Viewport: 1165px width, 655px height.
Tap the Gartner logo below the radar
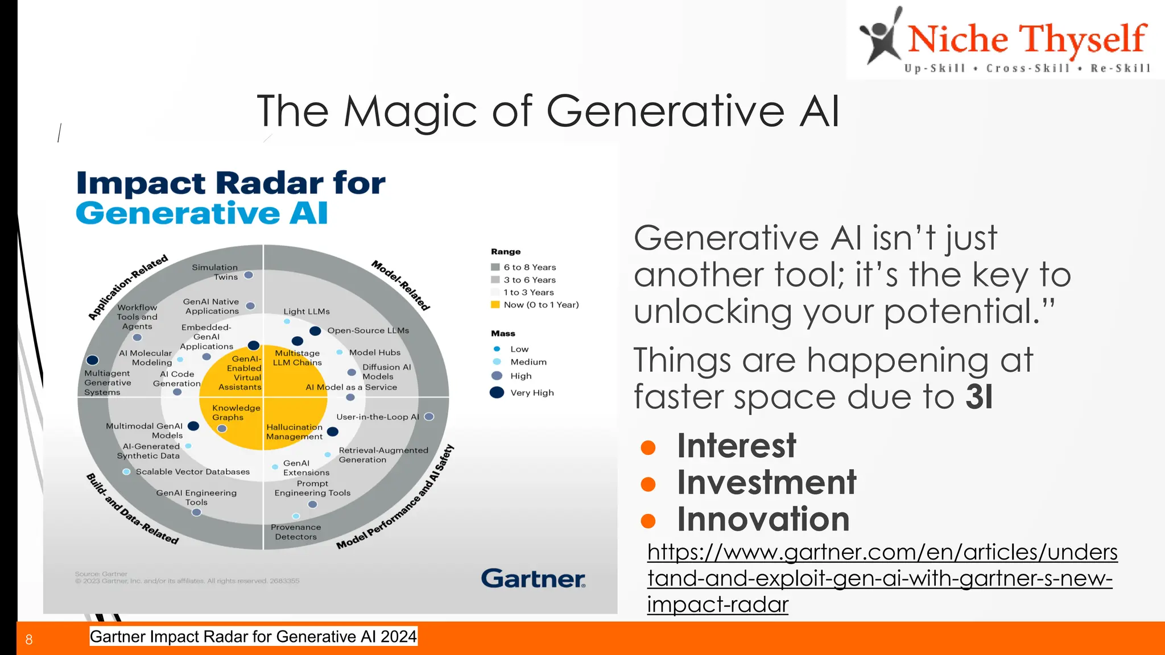click(533, 578)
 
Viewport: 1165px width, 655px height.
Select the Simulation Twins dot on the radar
click(249, 275)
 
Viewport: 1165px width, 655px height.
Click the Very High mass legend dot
click(497, 392)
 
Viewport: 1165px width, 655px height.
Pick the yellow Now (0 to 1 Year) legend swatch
click(495, 305)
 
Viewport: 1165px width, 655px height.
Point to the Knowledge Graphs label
click(236, 412)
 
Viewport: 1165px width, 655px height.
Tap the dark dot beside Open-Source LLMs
click(315, 331)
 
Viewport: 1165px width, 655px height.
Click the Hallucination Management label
click(294, 432)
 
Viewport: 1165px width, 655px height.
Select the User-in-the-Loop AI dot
click(429, 417)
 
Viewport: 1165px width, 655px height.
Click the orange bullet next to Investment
click(648, 484)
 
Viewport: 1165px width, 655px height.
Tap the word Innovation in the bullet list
click(763, 519)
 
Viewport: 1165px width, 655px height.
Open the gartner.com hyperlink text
click(882, 578)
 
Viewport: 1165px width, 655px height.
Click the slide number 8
click(29, 640)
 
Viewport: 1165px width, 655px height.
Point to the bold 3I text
click(978, 396)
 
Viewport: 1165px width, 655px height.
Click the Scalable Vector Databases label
click(192, 472)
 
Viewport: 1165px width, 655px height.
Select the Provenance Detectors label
click(296, 532)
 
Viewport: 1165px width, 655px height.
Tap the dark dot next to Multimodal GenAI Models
click(193, 426)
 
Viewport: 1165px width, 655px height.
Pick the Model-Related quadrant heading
click(400, 285)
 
